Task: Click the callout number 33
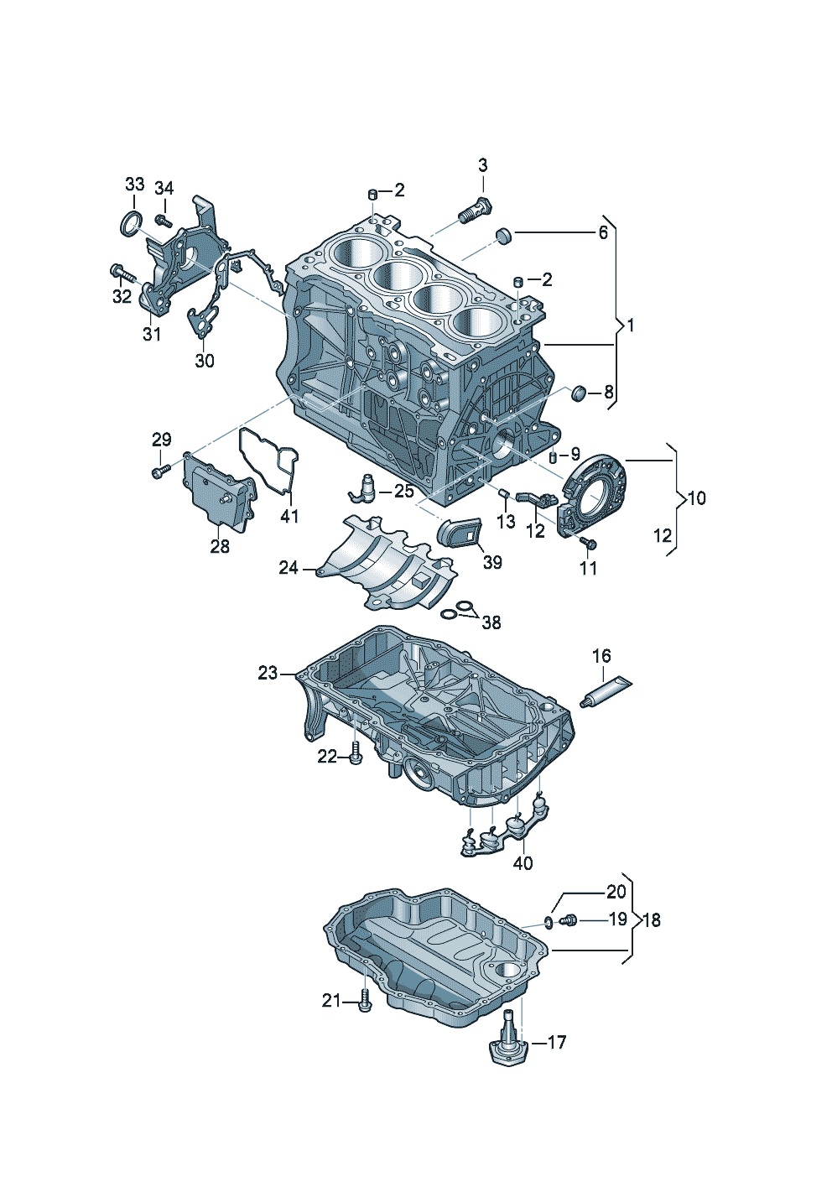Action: point(134,185)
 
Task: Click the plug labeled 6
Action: point(504,236)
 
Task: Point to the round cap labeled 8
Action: point(579,393)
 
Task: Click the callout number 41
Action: point(289,516)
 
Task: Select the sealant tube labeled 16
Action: point(606,693)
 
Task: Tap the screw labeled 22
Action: point(356,757)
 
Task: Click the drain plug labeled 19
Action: point(569,920)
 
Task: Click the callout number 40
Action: point(523,862)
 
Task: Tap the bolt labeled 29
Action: point(161,471)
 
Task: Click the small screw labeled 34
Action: point(164,220)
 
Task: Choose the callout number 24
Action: point(289,568)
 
